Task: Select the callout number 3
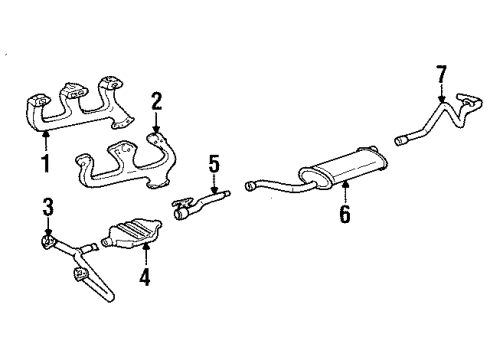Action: (47, 207)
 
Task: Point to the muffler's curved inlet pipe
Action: (270, 184)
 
